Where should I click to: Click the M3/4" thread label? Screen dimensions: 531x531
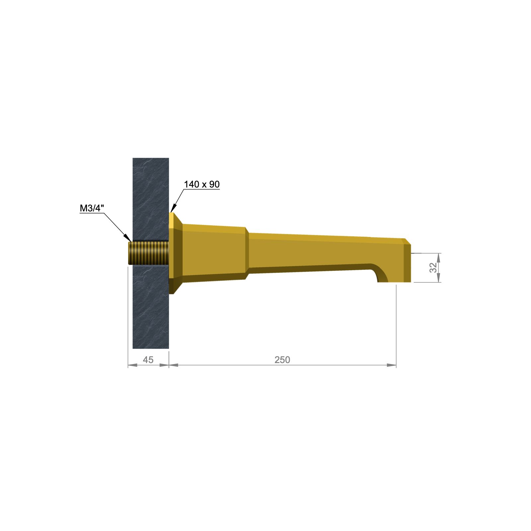(92, 208)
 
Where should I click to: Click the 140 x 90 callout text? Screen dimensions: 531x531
(202, 184)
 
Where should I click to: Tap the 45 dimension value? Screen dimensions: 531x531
(148, 360)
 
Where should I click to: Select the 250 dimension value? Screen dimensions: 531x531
(282, 360)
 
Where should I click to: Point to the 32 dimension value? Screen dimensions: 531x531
(433, 267)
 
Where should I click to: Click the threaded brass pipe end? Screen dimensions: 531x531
(149, 253)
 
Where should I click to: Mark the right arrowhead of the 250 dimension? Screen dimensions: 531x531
(392, 365)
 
